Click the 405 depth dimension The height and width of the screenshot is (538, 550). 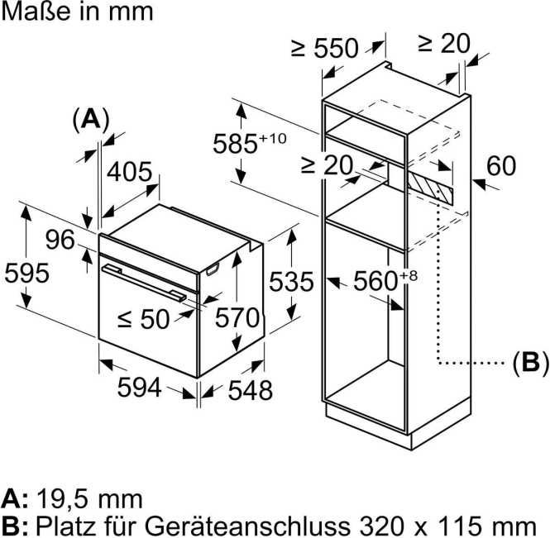tap(131, 172)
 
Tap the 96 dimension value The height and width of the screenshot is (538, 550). tap(60, 240)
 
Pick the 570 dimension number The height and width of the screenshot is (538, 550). tap(237, 317)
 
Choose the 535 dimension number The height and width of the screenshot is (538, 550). tap(291, 283)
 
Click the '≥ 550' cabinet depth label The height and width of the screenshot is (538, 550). tap(324, 48)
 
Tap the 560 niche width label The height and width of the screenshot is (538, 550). tap(379, 281)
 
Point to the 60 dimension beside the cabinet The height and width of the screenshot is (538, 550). tap(500, 166)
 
